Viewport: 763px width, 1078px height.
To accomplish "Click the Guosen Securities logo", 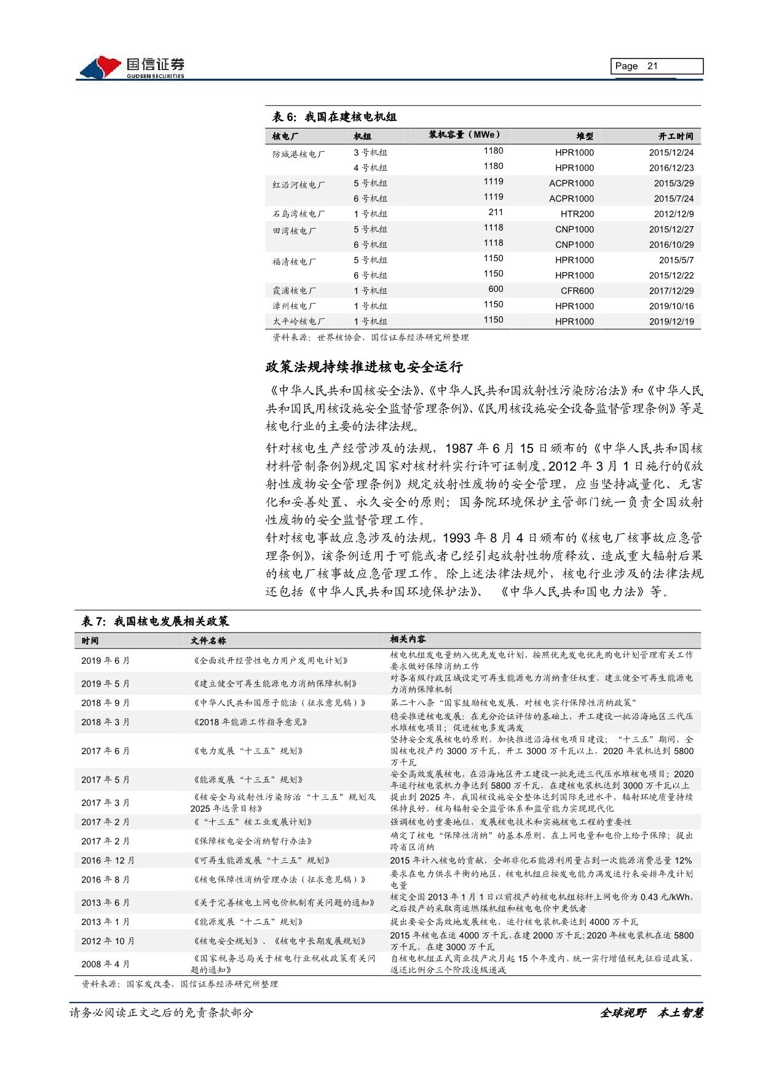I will coord(132,67).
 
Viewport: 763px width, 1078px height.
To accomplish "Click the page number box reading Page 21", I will coord(657,66).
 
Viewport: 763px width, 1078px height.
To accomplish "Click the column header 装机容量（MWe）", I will coord(464,135).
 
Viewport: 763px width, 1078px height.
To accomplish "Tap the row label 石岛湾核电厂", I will coord(299,214).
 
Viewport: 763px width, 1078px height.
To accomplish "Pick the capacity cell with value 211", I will coord(495,212).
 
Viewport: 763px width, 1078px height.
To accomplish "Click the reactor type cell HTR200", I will coord(577,214).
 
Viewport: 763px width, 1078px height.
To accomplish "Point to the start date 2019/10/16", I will coord(671,306).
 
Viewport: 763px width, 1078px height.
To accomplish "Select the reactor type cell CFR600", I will coord(577,291).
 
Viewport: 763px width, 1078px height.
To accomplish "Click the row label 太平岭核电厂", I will coord(299,321).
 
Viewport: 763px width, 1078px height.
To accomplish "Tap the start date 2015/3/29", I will coord(673,183).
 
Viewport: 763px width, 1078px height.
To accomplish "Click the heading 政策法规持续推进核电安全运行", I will coord(363,368).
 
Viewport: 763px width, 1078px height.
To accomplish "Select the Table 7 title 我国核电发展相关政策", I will coord(155,621).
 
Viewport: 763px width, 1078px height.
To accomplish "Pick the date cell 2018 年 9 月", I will coord(105,702).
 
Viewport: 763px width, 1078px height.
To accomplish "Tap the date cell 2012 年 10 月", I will coord(108,941).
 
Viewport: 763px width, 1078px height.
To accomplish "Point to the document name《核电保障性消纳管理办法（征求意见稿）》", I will coord(279,879).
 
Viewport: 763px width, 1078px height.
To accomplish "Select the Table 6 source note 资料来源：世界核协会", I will coord(370,337).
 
